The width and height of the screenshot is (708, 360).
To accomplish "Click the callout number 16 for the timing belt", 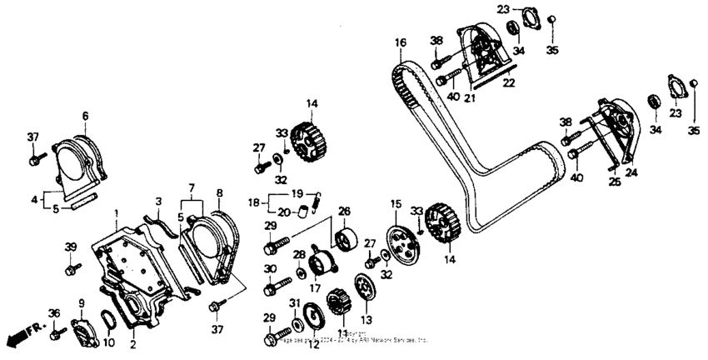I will (401, 42).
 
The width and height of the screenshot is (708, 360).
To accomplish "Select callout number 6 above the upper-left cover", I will (84, 116).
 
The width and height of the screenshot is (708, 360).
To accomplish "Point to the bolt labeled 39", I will (72, 268).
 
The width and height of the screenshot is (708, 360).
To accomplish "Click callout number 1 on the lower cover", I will (117, 215).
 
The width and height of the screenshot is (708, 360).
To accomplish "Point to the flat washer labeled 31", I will (297, 321).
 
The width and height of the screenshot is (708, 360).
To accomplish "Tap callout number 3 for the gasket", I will (157, 201).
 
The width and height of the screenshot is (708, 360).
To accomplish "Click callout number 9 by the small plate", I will (82, 302).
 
